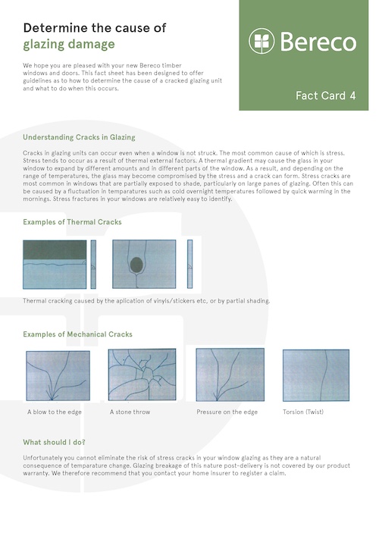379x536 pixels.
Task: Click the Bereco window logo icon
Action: click(262, 41)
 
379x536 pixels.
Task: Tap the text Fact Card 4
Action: click(326, 96)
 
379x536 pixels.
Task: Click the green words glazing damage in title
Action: click(69, 45)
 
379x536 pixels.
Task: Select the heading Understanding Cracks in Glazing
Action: click(79, 137)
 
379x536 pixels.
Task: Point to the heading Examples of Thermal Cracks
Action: click(72, 222)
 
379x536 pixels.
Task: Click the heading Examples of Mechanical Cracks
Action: click(77, 334)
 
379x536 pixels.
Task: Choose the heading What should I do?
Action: click(54, 442)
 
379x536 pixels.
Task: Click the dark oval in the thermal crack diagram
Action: click(136, 265)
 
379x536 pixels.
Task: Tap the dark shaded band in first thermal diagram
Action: click(55, 250)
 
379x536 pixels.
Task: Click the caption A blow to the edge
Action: click(55, 412)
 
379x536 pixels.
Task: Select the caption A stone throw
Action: click(130, 412)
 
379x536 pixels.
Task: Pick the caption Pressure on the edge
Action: click(227, 412)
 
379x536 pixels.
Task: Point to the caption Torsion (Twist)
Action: click(303, 412)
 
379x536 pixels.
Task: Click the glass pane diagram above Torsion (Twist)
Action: click(316, 375)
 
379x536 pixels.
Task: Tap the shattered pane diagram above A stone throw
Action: click(143, 375)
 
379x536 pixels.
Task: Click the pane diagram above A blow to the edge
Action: click(58, 376)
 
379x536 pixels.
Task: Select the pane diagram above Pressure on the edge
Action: click(230, 375)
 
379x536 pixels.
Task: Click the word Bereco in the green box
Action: click(318, 42)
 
